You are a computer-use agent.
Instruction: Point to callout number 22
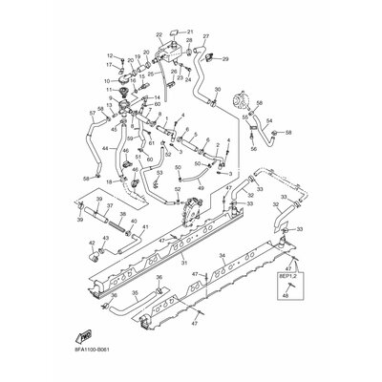pos(159,34)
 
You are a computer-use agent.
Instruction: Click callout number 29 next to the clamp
pos(225,59)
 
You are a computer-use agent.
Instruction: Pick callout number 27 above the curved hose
pos(205,36)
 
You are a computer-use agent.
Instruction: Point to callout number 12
pos(111,55)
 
